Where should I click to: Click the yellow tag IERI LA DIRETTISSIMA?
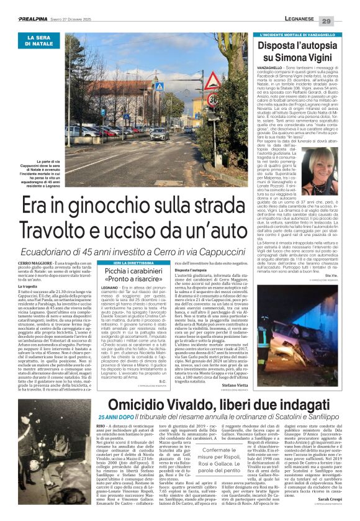[126, 263]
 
